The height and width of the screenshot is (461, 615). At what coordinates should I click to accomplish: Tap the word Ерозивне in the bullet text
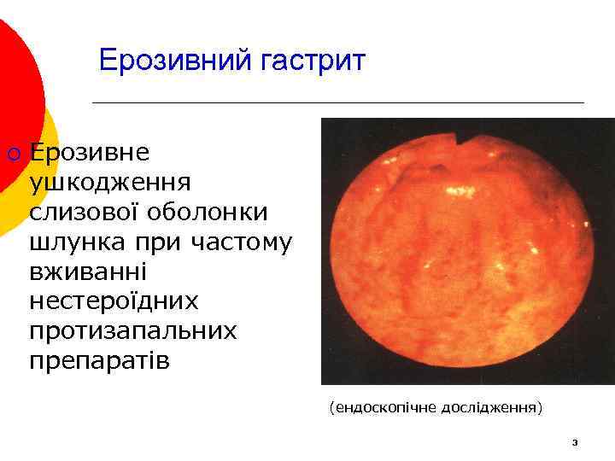[89, 153]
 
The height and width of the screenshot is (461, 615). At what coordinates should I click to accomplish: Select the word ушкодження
[110, 183]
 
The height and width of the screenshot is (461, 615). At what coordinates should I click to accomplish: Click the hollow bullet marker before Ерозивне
[12, 154]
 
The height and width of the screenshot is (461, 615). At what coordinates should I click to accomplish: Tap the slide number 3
[575, 442]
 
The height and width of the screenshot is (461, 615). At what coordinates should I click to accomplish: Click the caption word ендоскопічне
[384, 408]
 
